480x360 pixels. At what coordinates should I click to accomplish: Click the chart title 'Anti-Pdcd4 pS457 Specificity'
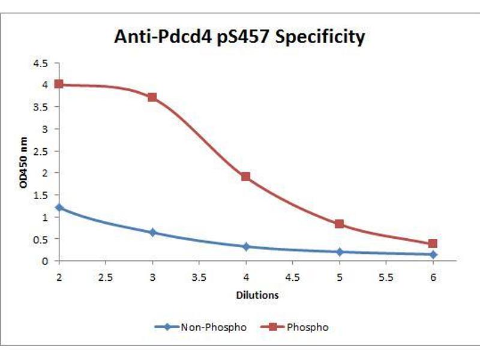tap(239, 37)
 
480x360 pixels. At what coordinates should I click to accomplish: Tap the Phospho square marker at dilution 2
tap(59, 84)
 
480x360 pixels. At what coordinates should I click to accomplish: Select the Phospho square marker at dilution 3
tap(152, 97)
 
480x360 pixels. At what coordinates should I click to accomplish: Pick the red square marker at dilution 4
tap(246, 176)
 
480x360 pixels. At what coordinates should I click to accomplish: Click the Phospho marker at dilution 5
tap(340, 224)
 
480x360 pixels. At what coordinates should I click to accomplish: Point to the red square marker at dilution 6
tap(433, 244)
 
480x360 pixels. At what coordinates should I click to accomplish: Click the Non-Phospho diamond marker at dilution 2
tap(59, 207)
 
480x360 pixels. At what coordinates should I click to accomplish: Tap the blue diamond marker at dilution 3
tap(152, 232)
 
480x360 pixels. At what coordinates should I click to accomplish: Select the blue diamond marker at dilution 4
tap(246, 247)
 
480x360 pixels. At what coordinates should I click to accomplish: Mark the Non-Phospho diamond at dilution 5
tap(340, 252)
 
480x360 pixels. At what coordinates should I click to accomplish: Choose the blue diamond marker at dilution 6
tap(433, 254)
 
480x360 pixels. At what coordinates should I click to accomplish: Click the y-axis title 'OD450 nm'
tap(24, 163)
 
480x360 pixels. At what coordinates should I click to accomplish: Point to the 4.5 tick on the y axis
tap(41, 63)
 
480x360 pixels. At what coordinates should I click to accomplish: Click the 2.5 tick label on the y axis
tap(41, 151)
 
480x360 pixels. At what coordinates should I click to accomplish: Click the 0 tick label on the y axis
tap(46, 261)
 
